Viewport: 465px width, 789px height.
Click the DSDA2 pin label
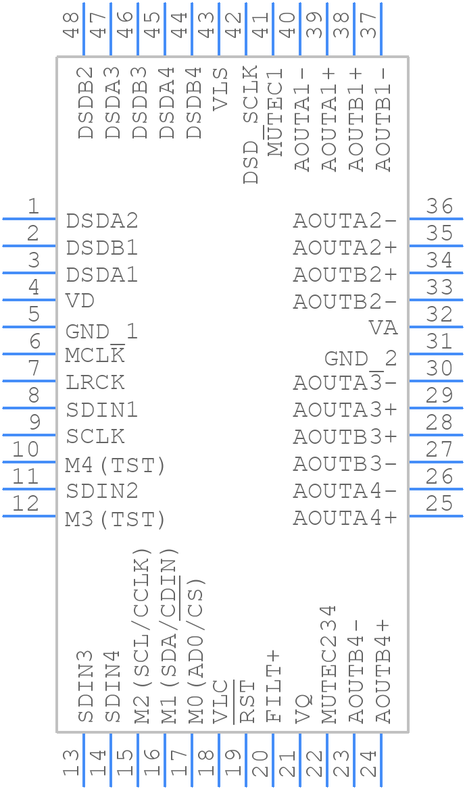(101, 221)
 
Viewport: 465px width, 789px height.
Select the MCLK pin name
(95, 355)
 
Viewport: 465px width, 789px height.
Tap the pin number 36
(439, 206)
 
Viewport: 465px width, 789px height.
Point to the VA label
(383, 328)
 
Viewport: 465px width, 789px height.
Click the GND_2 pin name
(361, 359)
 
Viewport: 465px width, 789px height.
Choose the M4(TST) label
(116, 465)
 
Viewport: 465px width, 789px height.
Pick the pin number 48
(71, 24)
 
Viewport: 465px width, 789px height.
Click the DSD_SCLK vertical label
(251, 124)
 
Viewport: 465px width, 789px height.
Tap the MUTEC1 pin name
(276, 112)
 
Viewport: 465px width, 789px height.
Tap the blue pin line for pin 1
(28, 219)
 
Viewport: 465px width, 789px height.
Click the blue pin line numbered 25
(436, 516)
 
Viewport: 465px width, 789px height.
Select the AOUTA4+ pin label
(345, 517)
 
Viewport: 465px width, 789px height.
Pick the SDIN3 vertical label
(85, 686)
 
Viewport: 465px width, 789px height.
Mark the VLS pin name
(221, 89)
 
